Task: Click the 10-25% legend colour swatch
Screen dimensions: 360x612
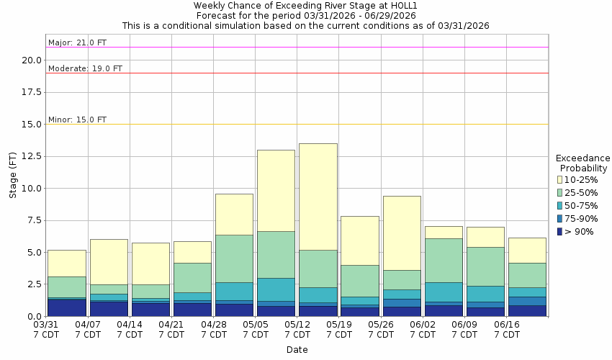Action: pos(560,180)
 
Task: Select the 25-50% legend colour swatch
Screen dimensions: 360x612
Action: pos(560,193)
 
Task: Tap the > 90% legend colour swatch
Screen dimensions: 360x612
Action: pos(560,232)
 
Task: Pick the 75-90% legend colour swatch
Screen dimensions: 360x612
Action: pos(560,219)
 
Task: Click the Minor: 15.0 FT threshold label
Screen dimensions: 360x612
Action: pos(77,120)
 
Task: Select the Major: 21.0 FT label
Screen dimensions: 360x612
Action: pos(77,42)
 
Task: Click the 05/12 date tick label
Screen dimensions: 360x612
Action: pos(297,325)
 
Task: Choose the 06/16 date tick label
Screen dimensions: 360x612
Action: pos(506,325)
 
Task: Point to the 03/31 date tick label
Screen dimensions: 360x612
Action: pos(45,325)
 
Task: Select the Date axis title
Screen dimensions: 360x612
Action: pos(297,350)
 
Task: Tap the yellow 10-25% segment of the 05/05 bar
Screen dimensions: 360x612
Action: pos(276,190)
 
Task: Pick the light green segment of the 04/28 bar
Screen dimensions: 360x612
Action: pos(234,258)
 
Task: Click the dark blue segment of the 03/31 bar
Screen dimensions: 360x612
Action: pos(67,307)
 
